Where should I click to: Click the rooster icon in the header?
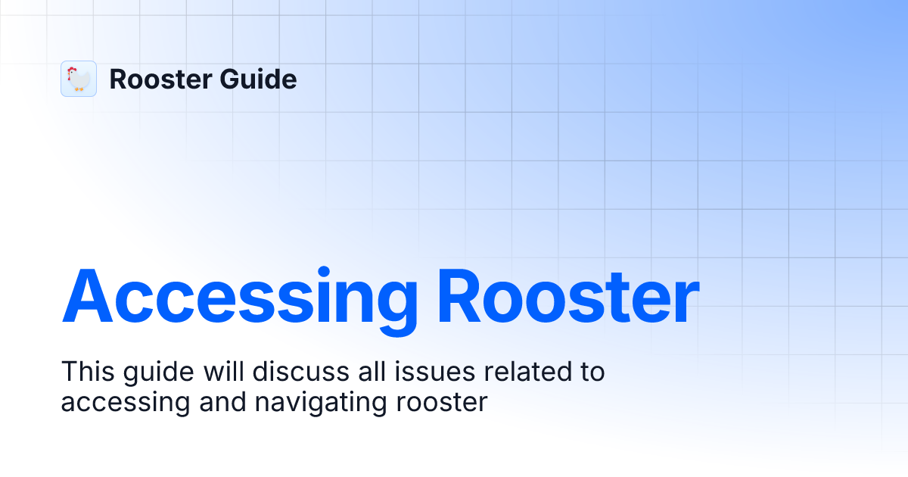[79, 79]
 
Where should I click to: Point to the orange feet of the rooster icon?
[79, 89]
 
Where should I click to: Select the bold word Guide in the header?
[262, 79]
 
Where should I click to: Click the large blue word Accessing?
[239, 298]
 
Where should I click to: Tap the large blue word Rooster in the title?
[567, 298]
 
